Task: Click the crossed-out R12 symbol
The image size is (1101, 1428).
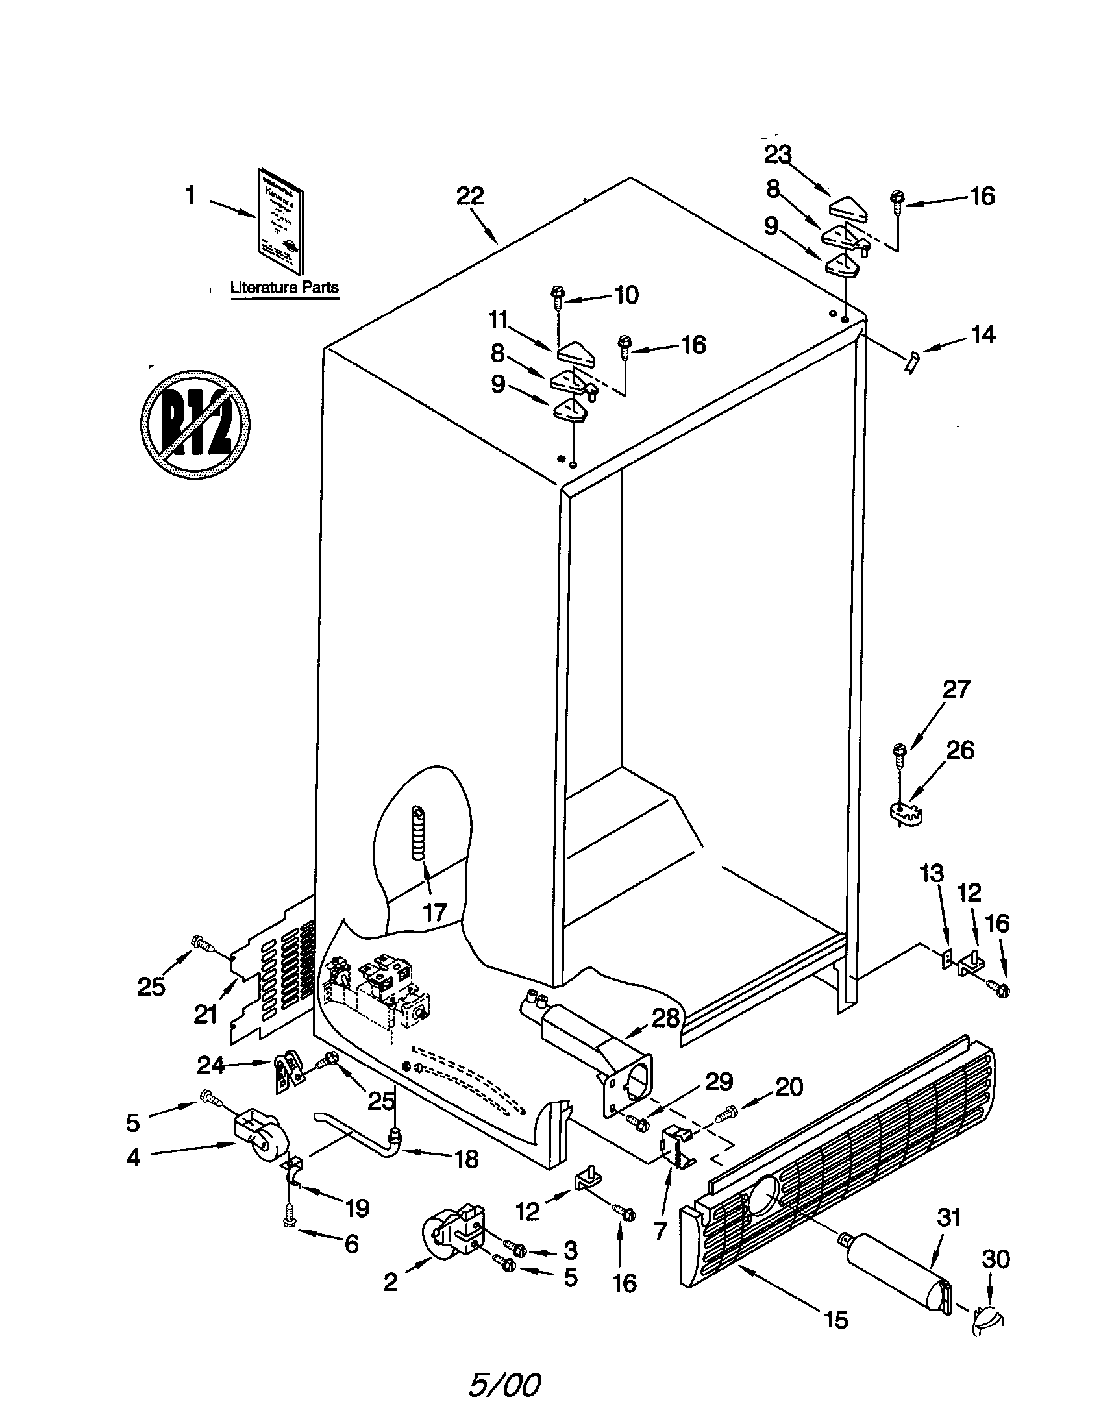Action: [196, 424]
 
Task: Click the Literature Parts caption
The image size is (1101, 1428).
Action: [284, 288]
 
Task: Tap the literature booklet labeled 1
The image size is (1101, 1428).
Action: [279, 228]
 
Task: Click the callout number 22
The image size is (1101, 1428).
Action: [470, 195]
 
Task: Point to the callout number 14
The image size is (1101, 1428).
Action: [983, 336]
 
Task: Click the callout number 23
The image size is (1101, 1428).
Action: [778, 155]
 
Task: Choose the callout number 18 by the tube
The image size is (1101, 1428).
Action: [467, 1159]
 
